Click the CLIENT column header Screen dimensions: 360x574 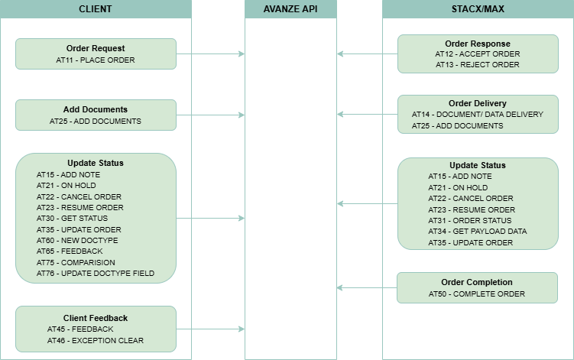96,9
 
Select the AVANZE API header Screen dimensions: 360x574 290,9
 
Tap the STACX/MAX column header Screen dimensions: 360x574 478,9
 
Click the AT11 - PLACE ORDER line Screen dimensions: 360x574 96,59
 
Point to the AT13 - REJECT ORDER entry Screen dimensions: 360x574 477,65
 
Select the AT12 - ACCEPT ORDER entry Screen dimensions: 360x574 477,54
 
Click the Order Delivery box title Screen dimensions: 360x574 477,103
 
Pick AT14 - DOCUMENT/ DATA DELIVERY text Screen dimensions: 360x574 477,114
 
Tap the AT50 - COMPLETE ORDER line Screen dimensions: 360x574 477,294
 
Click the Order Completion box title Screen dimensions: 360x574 477,282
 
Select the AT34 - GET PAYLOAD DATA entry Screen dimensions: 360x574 477,232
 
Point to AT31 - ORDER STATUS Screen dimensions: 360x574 472,221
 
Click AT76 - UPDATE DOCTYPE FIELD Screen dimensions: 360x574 96,273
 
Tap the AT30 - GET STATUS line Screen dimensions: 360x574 72,219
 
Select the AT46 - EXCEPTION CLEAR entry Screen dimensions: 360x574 95,340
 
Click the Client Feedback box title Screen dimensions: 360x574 96,318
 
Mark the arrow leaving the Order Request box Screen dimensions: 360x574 210,54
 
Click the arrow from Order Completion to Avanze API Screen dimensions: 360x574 367,288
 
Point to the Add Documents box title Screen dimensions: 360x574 96,109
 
